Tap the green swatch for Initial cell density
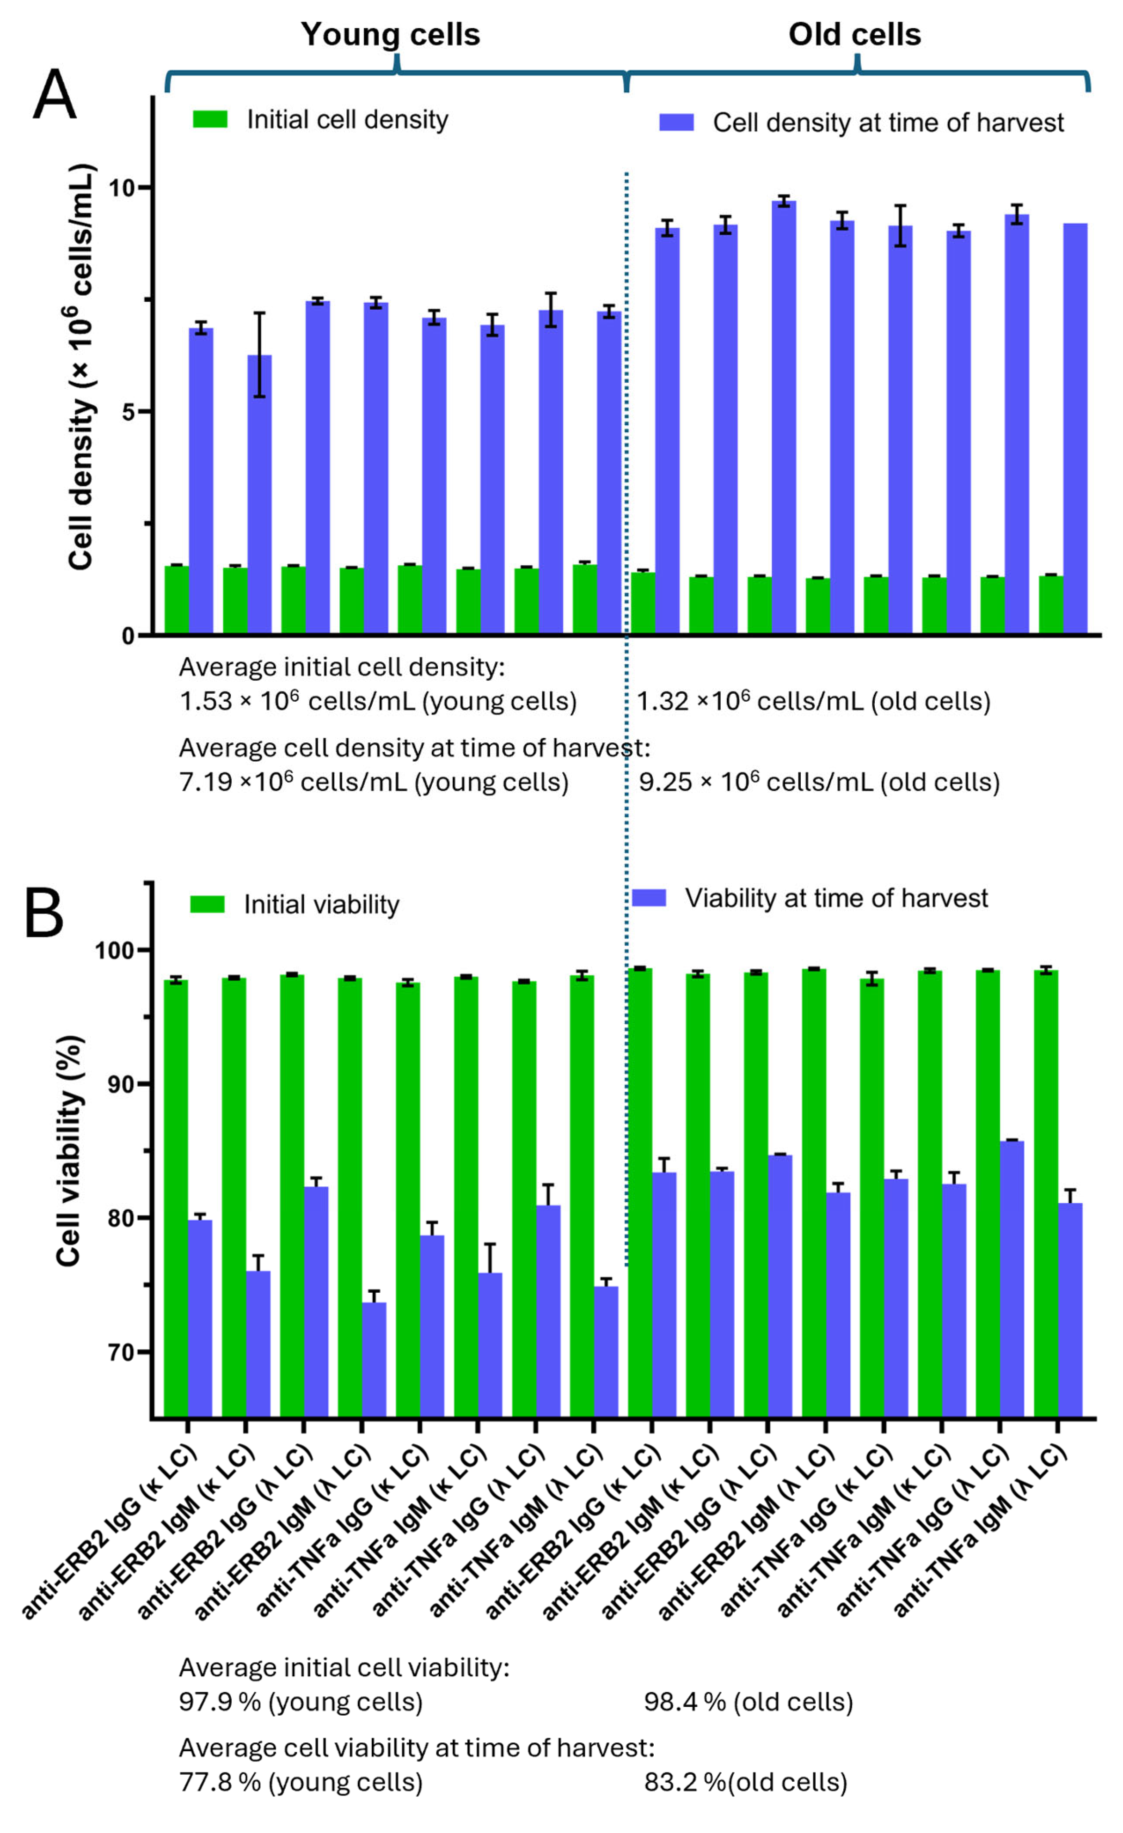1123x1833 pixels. tap(210, 119)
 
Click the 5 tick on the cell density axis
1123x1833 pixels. tap(130, 411)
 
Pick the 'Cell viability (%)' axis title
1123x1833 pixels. tap(69, 1150)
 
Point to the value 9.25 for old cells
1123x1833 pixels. tap(664, 782)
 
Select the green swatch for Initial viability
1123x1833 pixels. tap(207, 904)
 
